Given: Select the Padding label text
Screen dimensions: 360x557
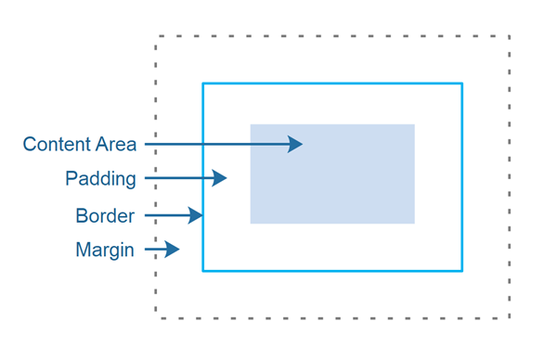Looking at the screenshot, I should click(100, 178).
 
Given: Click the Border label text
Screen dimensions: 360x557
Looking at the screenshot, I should click(105, 216).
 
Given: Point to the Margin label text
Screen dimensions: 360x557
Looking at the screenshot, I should click(105, 251).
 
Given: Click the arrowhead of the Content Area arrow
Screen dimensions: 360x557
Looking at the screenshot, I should click(295, 144).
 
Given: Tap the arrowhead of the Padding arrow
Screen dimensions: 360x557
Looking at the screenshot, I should click(220, 177).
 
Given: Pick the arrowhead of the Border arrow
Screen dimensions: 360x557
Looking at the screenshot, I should click(196, 215).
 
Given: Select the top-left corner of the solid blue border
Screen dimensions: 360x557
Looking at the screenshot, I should click(203, 84).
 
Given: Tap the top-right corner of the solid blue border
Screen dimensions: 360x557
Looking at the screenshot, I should click(461, 84).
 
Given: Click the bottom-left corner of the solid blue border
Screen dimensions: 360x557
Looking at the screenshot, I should click(203, 270).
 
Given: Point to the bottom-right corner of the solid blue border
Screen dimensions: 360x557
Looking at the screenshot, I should click(461, 270).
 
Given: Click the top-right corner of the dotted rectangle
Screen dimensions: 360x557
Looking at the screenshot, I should click(510, 36).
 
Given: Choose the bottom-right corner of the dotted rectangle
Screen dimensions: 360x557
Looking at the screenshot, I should click(510, 318).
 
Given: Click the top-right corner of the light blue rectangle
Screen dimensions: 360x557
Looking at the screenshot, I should click(414, 124).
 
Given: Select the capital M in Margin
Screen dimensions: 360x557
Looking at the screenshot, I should click(83, 251).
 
